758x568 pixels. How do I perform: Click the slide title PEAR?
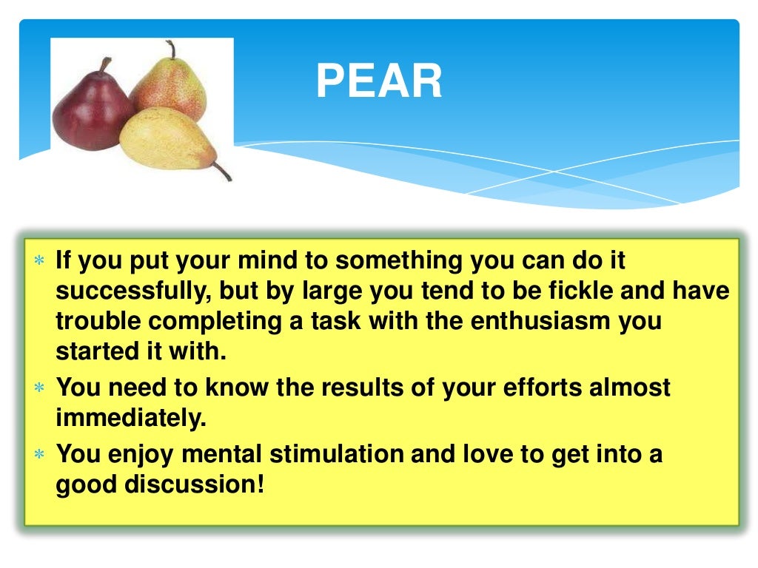pos(379,81)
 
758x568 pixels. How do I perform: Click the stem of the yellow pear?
pos(222,171)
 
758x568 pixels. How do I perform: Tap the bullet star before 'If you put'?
pos(39,262)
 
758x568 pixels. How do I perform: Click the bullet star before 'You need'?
pos(39,388)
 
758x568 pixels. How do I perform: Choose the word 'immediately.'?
pos(130,419)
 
